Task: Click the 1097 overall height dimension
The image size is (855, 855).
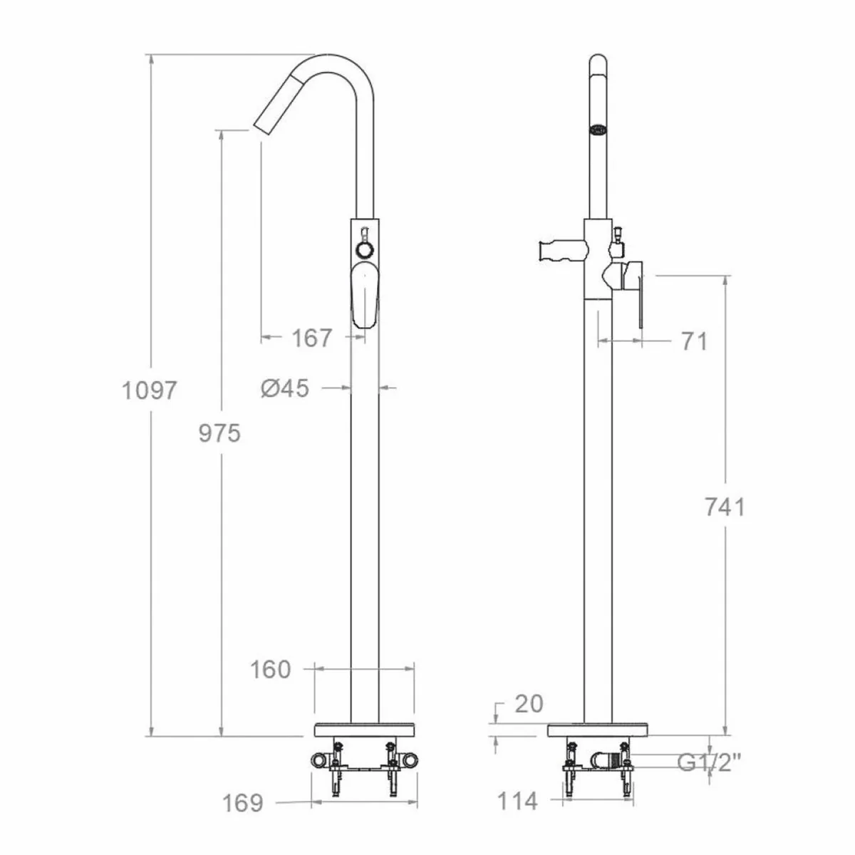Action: point(148,390)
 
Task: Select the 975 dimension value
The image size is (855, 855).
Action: point(219,432)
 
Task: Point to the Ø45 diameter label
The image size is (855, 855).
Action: point(285,388)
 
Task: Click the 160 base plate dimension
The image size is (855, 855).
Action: point(271,669)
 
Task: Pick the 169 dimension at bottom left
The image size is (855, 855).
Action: point(243,804)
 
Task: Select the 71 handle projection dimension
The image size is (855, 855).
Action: point(693,341)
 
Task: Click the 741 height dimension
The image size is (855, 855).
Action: point(724,507)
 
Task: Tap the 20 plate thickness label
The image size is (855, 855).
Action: point(528,704)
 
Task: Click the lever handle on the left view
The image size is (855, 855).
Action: point(365,294)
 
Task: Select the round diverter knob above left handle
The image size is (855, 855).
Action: point(364,250)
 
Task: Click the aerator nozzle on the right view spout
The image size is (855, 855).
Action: point(598,130)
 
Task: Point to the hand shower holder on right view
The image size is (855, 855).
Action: point(561,251)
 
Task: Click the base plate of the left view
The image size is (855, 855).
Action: point(364,730)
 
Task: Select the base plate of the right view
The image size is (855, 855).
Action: point(598,730)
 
